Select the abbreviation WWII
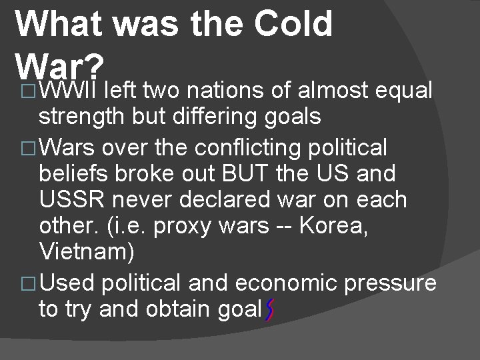[69, 89]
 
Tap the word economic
[285, 283]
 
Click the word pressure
[390, 283]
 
